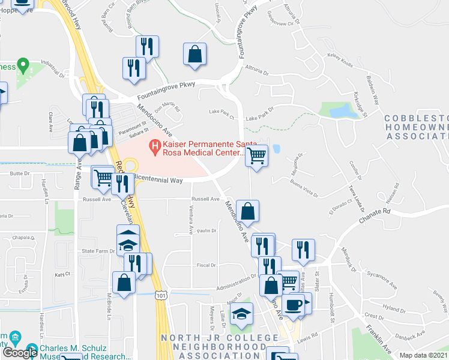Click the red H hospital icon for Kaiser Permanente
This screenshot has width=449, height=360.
pos(155,146)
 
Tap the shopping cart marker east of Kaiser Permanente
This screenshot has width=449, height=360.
pos(256,156)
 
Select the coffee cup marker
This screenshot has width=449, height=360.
pos(294,304)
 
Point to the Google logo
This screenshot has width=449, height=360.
pos(19,353)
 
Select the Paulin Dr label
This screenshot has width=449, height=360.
pos(206,230)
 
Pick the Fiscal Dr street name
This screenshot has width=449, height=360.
pos(206,265)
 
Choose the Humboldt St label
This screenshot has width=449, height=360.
pos(331,313)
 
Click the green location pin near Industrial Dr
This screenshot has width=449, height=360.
pos(23,64)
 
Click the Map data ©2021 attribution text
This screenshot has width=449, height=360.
pos(424,355)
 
